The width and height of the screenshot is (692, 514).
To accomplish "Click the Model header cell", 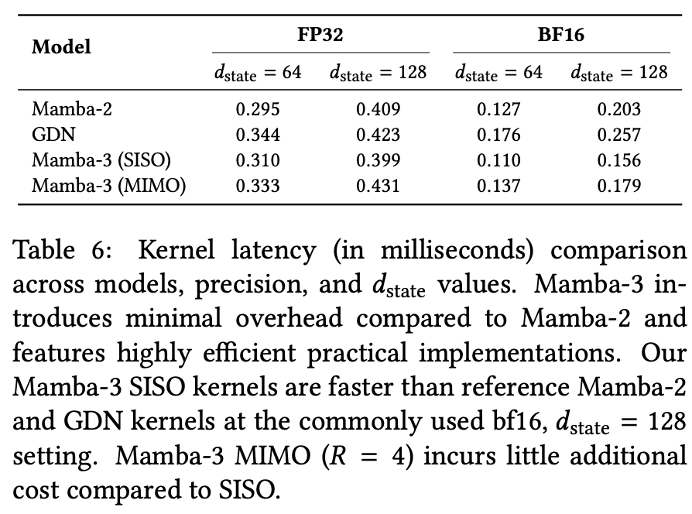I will (61, 46).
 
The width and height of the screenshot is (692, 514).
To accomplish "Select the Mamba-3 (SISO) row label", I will (101, 160).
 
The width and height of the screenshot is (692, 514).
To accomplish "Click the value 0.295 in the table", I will (258, 109).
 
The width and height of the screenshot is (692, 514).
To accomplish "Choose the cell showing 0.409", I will (379, 109).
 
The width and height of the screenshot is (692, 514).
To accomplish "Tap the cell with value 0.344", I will (258, 135).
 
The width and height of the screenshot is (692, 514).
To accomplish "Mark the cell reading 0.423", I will (379, 135).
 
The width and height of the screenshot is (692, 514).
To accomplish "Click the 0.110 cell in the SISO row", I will (498, 160).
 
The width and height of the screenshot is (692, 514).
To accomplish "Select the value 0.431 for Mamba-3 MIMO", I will (379, 186).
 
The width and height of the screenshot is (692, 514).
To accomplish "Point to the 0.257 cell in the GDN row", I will (619, 135).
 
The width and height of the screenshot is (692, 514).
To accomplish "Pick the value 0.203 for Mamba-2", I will (619, 109).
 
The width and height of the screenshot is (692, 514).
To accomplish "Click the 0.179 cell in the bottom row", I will (619, 186).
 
